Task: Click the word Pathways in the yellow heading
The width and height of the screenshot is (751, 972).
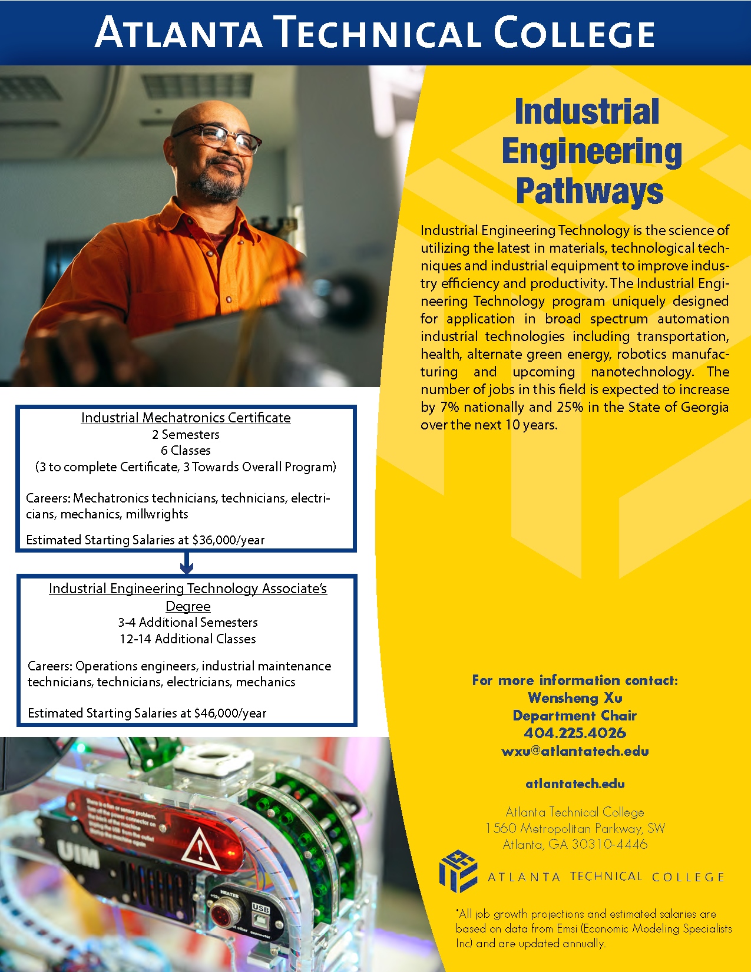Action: coord(590,191)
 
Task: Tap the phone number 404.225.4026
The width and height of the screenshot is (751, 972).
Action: coord(575,733)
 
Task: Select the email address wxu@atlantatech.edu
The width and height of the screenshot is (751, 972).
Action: coord(575,751)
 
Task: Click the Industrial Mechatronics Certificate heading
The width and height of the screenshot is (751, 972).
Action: coord(186,418)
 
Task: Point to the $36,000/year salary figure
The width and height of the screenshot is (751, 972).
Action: coord(229,540)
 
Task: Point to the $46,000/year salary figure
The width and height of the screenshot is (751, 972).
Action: coord(230,713)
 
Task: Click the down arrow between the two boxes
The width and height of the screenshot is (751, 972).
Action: coord(186,564)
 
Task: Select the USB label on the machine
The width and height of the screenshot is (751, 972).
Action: coord(260,908)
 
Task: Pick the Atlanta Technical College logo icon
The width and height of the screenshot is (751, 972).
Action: coord(458,871)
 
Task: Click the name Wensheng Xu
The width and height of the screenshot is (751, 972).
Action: coord(575,698)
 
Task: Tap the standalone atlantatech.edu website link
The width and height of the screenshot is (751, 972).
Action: coord(575,784)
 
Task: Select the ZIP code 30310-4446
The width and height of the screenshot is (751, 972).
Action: coord(610,844)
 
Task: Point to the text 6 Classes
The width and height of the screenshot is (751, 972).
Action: coord(186,451)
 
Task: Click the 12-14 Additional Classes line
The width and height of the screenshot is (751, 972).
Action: coord(187,639)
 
